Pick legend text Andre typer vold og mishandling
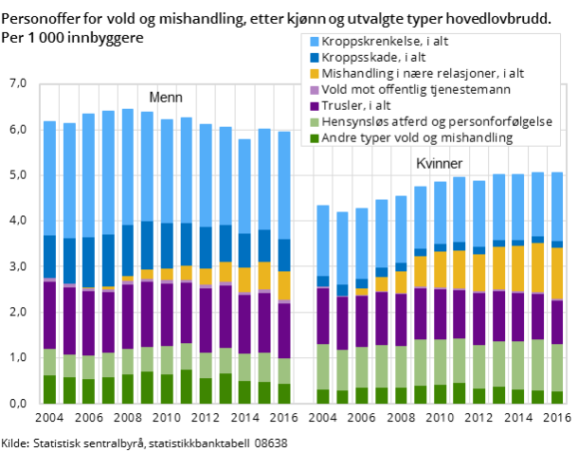[x=417, y=137]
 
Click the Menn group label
[x=166, y=98]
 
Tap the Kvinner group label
[x=440, y=164]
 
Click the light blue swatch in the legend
[x=313, y=41]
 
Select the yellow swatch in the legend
[x=313, y=73]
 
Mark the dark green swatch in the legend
[x=313, y=137]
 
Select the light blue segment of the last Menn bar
[x=283, y=185]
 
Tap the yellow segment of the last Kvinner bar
[x=557, y=273]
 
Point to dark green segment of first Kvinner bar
[x=322, y=396]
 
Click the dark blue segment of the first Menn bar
[x=49, y=256]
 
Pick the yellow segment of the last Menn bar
[x=283, y=285]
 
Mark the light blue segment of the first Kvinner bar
[x=322, y=240]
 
